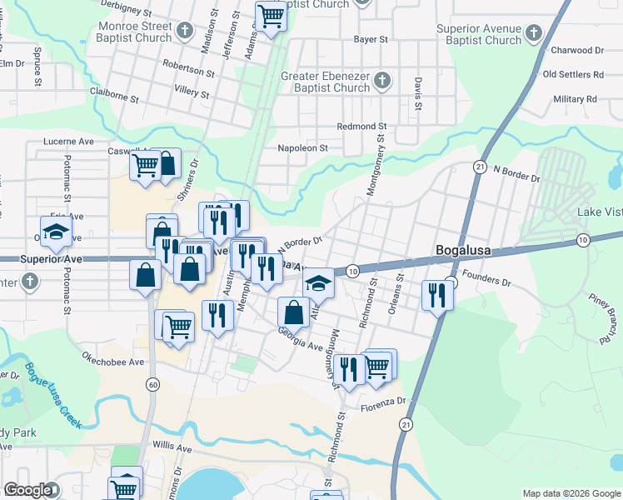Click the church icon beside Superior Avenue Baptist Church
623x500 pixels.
[533, 33]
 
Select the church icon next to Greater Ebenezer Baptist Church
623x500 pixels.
[381, 82]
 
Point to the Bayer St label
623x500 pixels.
[371, 39]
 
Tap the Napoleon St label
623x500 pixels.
[303, 148]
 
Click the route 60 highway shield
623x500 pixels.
[152, 384]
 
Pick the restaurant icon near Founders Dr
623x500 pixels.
[436, 294]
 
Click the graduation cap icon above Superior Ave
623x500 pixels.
[56, 232]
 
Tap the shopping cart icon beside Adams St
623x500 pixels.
[271, 15]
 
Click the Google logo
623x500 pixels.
[28, 490]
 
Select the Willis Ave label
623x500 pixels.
[172, 447]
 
